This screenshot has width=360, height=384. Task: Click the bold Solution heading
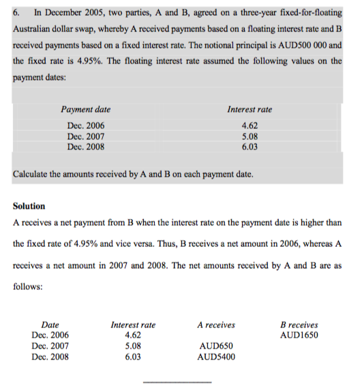(29, 206)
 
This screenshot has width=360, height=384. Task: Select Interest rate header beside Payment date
(250, 109)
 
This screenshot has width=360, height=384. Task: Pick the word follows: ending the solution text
(28, 288)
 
